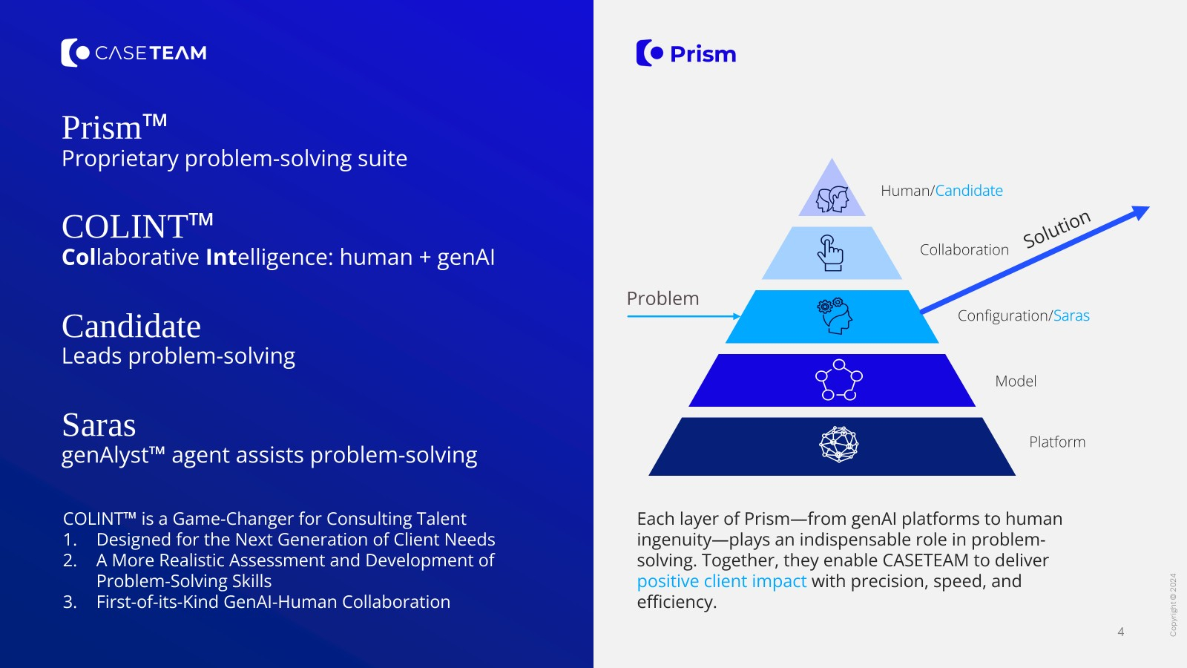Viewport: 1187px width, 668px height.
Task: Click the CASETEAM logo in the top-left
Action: pyautogui.click(x=134, y=53)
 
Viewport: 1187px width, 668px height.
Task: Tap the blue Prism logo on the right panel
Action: pyautogui.click(x=686, y=53)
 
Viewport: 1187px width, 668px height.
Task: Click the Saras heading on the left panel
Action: pyautogui.click(x=99, y=425)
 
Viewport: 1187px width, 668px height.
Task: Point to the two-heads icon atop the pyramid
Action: pyautogui.click(x=832, y=199)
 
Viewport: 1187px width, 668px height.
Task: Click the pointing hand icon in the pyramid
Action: pyautogui.click(x=831, y=253)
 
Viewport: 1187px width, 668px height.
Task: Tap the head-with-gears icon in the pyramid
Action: pyautogui.click(x=835, y=316)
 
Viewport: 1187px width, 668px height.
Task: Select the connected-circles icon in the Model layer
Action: pyautogui.click(x=838, y=380)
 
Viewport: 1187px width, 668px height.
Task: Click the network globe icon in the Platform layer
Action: pyautogui.click(x=838, y=445)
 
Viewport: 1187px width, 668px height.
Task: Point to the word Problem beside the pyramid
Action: pyautogui.click(x=662, y=298)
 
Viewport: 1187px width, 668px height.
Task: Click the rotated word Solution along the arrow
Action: pyautogui.click(x=1056, y=229)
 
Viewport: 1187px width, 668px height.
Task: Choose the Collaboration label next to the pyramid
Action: pyautogui.click(x=964, y=250)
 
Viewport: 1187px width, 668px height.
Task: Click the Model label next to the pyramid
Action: pyautogui.click(x=1015, y=382)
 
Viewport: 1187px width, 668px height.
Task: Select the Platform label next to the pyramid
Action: pyautogui.click(x=1056, y=442)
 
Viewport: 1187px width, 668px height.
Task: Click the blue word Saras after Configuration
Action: pyautogui.click(x=1071, y=316)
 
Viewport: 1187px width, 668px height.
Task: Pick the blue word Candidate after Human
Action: pyautogui.click(x=969, y=191)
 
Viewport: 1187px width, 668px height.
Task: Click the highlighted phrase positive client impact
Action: pyautogui.click(x=721, y=581)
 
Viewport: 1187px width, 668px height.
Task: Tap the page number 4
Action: pyautogui.click(x=1120, y=632)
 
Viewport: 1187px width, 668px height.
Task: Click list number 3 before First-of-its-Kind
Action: pyautogui.click(x=70, y=602)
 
